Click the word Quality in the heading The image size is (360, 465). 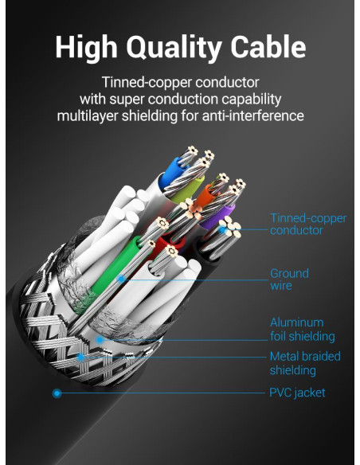tap(174, 48)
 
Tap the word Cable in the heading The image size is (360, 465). tap(268, 46)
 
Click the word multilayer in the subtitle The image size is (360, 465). tap(88, 115)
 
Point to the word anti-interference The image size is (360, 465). tap(253, 115)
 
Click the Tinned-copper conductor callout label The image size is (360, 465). tap(308, 225)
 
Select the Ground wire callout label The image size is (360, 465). tap(289, 279)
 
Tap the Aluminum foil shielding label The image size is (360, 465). tap(303, 330)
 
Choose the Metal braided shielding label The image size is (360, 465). tap(305, 363)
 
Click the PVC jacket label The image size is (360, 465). tap(297, 393)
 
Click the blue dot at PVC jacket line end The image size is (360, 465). tap(57, 393)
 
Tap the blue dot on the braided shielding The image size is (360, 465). tap(80, 358)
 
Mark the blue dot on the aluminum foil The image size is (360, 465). tap(100, 340)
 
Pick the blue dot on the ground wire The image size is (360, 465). tap(121, 279)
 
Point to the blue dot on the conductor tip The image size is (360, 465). tap(222, 229)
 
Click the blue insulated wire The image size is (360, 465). tap(169, 174)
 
